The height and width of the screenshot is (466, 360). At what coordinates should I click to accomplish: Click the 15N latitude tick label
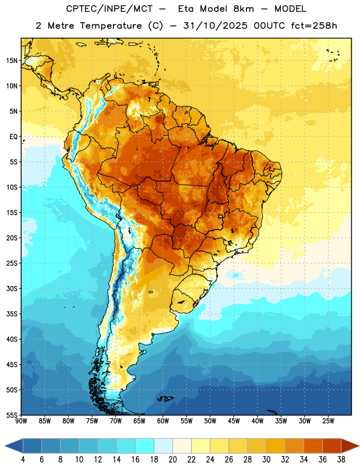coord(12,61)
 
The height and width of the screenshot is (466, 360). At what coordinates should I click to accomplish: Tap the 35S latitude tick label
coord(12,314)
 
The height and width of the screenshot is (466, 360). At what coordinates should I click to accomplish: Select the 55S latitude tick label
coord(12,415)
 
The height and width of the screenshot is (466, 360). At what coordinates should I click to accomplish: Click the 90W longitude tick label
coord(21,421)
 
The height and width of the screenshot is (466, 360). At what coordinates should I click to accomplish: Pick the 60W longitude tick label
coord(163,421)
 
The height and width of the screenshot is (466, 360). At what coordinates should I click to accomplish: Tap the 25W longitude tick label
coord(328,421)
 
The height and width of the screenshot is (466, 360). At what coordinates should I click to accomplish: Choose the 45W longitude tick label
coord(234,421)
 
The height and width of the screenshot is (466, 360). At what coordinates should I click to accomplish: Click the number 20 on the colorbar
coord(172,460)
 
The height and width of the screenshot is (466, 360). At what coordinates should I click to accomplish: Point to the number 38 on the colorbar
coord(341,460)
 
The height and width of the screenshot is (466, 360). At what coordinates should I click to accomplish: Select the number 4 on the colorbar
coord(23,460)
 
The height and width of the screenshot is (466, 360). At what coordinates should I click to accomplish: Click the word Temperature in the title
coord(111,26)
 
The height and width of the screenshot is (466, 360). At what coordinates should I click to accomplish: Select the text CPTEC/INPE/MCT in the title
coord(109,9)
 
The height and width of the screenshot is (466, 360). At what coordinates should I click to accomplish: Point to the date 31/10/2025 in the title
coord(215,26)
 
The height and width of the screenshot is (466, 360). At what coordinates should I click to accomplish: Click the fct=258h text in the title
coord(314,26)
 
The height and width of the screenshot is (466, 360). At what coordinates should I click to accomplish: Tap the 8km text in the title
coord(243,9)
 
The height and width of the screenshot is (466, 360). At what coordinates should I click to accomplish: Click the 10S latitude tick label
coord(12,187)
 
